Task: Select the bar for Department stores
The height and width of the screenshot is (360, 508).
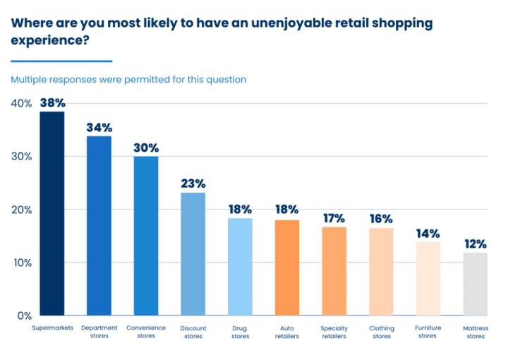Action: [x=99, y=225]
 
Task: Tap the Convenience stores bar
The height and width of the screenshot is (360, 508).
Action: [x=146, y=236]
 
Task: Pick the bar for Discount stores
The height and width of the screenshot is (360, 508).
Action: [x=193, y=253]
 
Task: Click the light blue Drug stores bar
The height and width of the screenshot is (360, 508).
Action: [x=240, y=267]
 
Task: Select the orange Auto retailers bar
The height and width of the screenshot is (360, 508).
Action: [x=287, y=268]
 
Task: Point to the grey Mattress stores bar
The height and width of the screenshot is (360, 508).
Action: [x=476, y=284]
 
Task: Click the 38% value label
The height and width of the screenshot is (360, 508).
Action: [x=52, y=102]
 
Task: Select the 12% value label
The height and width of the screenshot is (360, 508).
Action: [x=476, y=244]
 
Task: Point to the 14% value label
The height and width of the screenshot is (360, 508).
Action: [x=428, y=233]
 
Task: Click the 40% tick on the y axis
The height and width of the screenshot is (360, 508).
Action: [x=21, y=103]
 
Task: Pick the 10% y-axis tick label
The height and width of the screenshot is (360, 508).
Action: [x=21, y=263]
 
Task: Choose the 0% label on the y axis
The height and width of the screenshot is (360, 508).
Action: [x=25, y=316]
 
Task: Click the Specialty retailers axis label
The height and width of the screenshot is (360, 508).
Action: [x=334, y=332]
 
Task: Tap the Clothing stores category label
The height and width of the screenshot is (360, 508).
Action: [x=382, y=332]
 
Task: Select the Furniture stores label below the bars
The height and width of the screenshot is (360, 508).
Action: [x=428, y=332]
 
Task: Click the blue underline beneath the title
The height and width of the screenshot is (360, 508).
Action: [x=61, y=61]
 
